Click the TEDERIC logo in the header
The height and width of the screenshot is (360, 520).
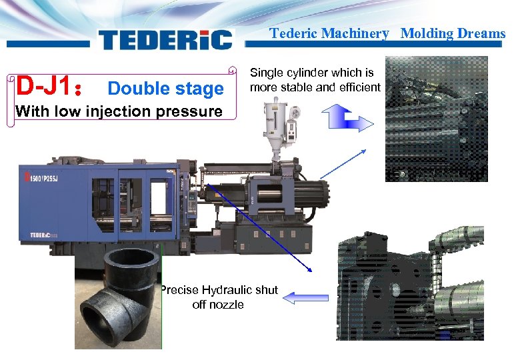165,39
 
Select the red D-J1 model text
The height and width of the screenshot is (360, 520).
48,85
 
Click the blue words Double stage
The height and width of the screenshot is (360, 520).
166,89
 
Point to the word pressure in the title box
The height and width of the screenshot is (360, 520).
189,111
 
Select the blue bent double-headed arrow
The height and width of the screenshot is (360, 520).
347,119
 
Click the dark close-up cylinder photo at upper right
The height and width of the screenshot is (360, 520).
437,119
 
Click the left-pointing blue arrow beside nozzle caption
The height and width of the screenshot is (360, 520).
306,298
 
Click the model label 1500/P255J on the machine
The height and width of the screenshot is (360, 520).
44,179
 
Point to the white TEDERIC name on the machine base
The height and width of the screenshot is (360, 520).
43,235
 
